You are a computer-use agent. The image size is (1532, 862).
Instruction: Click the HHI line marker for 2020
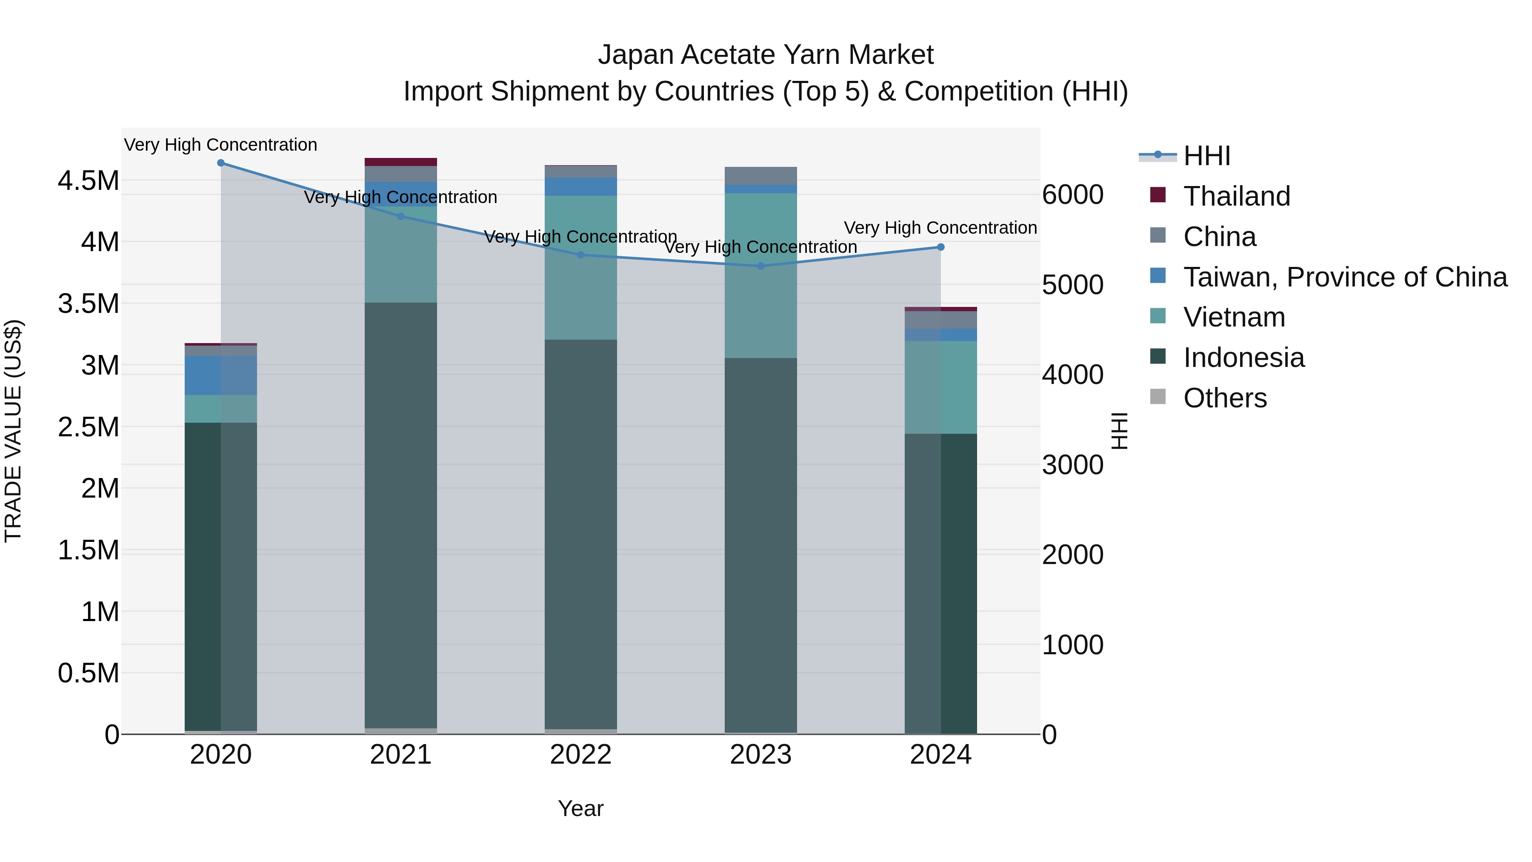tap(220, 163)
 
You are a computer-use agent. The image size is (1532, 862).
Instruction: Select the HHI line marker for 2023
tap(760, 266)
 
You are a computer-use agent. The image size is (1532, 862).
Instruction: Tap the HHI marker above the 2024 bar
tap(940, 247)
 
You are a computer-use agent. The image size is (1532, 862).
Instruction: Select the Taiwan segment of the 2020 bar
tap(220, 375)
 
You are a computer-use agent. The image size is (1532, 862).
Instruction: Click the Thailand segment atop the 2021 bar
tap(400, 162)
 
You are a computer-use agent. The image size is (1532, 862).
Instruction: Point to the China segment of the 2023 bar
tap(760, 176)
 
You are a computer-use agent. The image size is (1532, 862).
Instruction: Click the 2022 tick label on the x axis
tap(580, 755)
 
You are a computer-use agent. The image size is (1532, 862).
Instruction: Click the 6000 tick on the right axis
tap(1073, 195)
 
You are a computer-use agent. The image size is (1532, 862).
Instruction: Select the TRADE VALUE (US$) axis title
tap(13, 431)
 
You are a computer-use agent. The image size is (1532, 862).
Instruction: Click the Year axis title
tap(580, 808)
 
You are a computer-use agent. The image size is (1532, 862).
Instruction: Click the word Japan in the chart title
tap(635, 55)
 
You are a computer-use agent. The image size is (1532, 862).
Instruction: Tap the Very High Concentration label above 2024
tap(940, 228)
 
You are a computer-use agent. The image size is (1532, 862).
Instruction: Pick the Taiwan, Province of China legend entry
tap(1344, 277)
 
